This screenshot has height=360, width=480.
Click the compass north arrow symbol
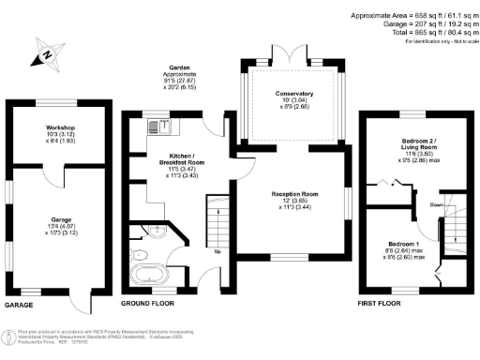[48, 54]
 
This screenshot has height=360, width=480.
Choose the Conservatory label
[294, 94]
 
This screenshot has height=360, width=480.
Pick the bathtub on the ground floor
[148, 276]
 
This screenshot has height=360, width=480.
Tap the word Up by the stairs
[218, 251]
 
